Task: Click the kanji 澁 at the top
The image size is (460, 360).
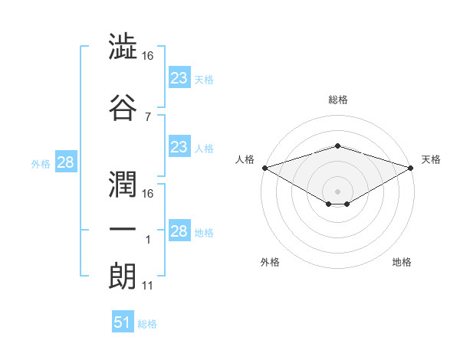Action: point(123,46)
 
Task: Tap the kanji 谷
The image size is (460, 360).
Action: point(123,107)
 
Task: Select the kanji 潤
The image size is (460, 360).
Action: point(123,184)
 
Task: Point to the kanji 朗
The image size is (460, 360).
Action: point(122,276)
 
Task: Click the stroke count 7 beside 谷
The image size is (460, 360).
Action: point(148,117)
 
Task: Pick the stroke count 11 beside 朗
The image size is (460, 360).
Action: point(147,286)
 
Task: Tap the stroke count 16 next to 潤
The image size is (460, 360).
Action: point(147,194)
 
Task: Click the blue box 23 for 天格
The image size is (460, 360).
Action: point(179,77)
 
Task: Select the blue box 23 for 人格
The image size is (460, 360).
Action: point(179,146)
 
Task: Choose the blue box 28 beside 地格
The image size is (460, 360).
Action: point(179,230)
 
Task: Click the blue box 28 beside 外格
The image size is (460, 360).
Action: point(66,162)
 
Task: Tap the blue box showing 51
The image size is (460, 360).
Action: point(123,321)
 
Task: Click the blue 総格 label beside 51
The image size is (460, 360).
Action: point(147,324)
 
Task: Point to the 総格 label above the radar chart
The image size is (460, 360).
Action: point(338,100)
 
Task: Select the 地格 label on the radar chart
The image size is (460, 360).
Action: point(402,262)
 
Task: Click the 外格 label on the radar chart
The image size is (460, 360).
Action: point(270,262)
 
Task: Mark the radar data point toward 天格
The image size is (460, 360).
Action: point(411,168)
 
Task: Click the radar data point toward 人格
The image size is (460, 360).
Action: point(265,168)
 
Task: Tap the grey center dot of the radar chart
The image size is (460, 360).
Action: point(337,191)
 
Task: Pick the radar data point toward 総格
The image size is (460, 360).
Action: point(337,146)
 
